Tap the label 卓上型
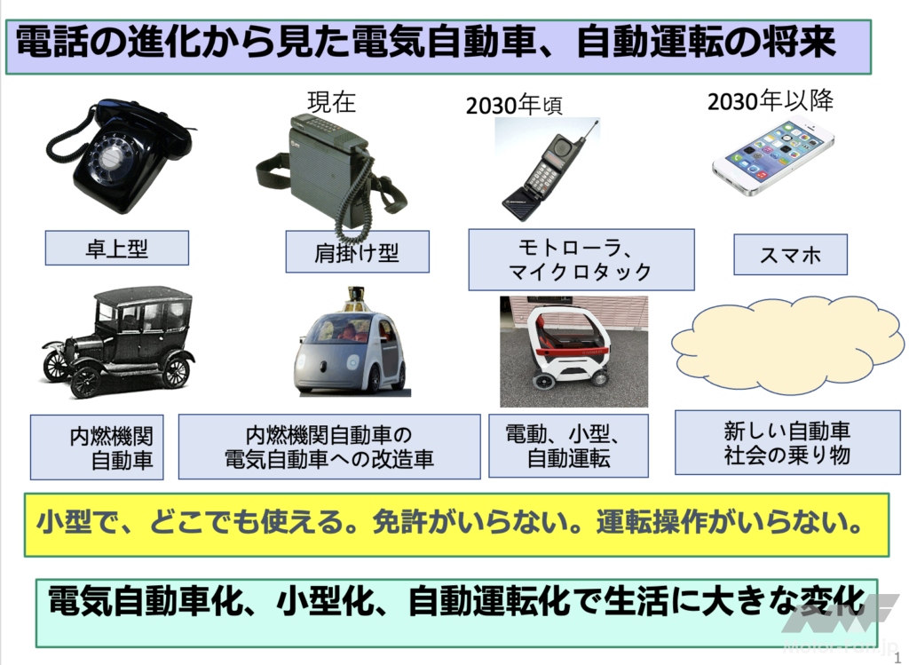tap(116, 248)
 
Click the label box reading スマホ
tap(790, 255)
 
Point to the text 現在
tap(331, 102)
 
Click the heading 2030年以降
tap(771, 101)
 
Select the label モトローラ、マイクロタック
tap(581, 259)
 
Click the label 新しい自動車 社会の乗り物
tap(787, 442)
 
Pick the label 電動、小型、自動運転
tap(568, 446)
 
